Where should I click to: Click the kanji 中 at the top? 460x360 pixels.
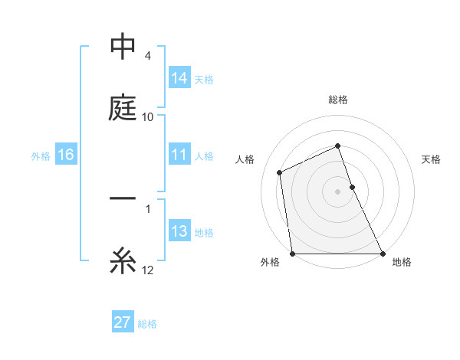[123, 47]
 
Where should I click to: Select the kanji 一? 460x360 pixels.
[123, 199]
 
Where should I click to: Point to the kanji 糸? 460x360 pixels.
[123, 262]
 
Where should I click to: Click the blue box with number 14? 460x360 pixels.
[179, 77]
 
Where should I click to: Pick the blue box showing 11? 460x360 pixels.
[179, 155]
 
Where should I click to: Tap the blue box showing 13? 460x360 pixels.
[179, 232]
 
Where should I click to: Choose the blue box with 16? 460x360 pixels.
[66, 155]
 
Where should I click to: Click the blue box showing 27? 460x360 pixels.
[122, 322]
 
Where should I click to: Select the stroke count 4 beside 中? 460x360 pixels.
[148, 56]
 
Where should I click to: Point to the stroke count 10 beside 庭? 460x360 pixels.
[148, 117]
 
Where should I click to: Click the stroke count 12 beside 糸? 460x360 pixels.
[148, 270]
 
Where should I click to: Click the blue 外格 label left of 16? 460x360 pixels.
[41, 155]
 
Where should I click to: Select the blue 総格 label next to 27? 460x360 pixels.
[147, 323]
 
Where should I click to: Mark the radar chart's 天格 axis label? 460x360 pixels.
[432, 159]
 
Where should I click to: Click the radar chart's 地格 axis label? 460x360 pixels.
[402, 262]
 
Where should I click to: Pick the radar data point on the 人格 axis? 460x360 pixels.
[280, 172]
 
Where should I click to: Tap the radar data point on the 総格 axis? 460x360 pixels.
[337, 146]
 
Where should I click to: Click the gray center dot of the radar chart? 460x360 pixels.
[337, 191]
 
